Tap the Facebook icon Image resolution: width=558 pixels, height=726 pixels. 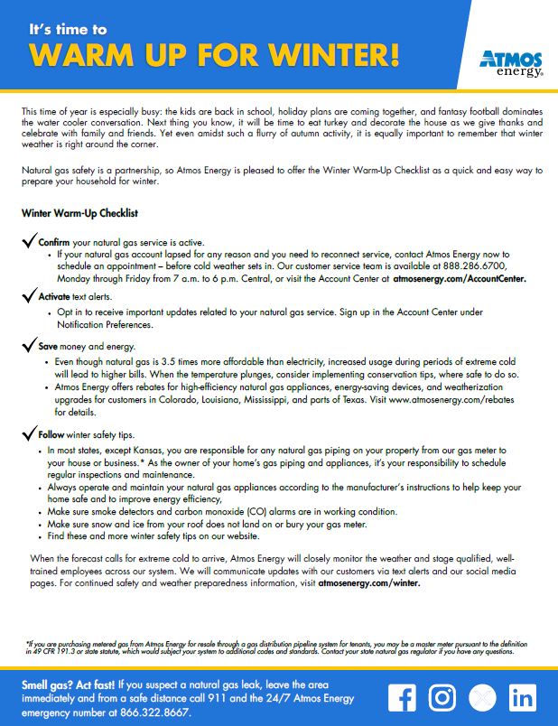pos(403,697)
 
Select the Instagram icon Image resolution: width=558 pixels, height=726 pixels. pos(442,697)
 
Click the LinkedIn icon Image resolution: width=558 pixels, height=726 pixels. pos(522,697)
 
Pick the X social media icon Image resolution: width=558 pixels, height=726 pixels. pos(482,697)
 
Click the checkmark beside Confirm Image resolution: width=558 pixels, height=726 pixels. pos(28,242)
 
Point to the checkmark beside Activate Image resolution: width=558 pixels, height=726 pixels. pos(28,295)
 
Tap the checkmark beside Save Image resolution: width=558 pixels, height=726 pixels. pos(28,346)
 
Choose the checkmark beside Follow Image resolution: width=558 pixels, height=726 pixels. pos(28,434)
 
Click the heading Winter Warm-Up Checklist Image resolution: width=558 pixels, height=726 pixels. pos(79,214)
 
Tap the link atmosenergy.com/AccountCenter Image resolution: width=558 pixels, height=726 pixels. pos(459,280)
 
